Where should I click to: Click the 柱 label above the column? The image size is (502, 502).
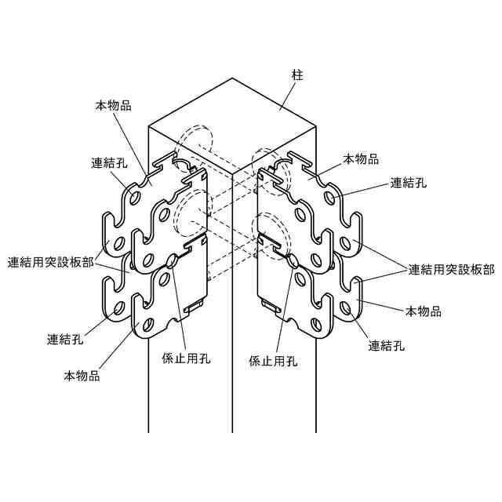[297, 75]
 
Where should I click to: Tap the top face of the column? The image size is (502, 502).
[233, 118]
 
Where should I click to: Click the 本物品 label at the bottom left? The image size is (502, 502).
[82, 376]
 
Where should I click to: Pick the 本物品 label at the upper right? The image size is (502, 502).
[361, 159]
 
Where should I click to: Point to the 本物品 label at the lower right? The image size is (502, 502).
[423, 311]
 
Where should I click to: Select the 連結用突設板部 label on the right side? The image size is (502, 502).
[451, 269]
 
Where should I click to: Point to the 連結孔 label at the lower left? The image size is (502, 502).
[65, 340]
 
